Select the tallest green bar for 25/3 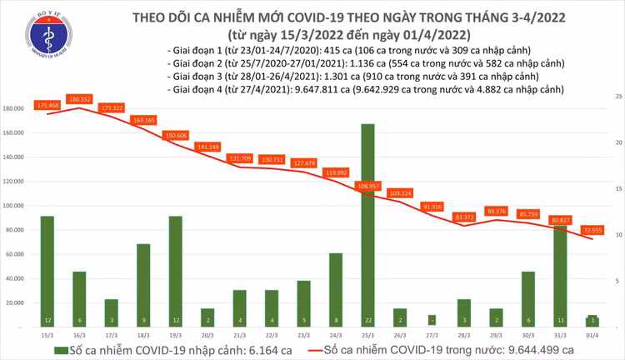[367, 225]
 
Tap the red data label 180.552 [79, 98]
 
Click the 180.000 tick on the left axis [15, 109]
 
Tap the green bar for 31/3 [560, 275]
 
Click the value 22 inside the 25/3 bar [367, 319]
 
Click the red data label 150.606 [175, 134]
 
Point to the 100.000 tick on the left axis [15, 206]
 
